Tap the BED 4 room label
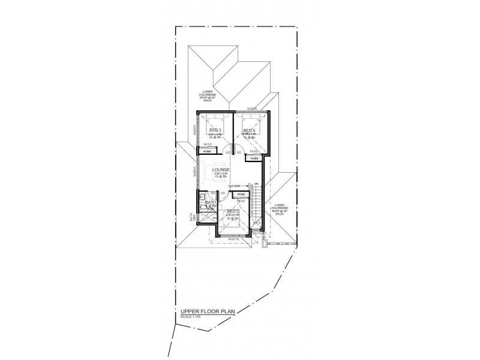[x=249, y=130]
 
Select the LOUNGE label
[x=221, y=170]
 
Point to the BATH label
[x=210, y=203]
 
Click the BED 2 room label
[x=233, y=212]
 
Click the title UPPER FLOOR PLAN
[x=205, y=311]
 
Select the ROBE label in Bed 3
[x=207, y=151]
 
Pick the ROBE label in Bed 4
[x=256, y=158]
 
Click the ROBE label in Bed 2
[x=241, y=194]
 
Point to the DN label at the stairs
[x=256, y=184]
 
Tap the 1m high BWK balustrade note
[x=234, y=186]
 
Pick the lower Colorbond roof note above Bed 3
[x=211, y=96]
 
